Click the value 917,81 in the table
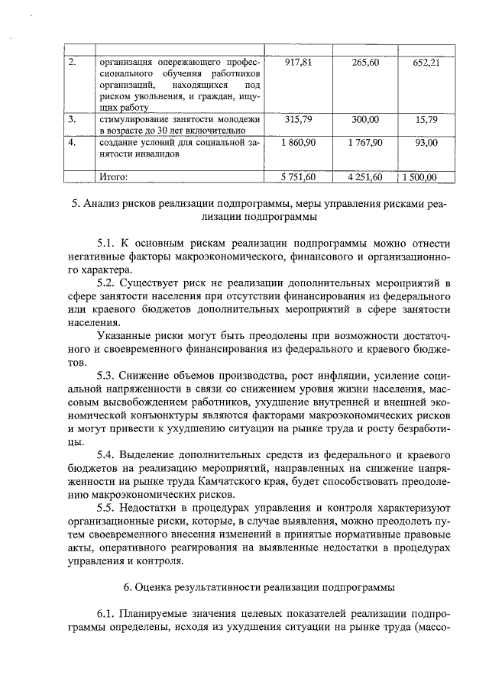(300, 62)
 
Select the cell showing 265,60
(366, 62)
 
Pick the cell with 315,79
(300, 120)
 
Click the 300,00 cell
(365, 120)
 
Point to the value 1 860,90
(299, 142)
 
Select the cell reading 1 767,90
(365, 142)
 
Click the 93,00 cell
(426, 142)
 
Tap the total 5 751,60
(299, 177)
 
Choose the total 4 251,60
(365, 177)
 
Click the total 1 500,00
(419, 177)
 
